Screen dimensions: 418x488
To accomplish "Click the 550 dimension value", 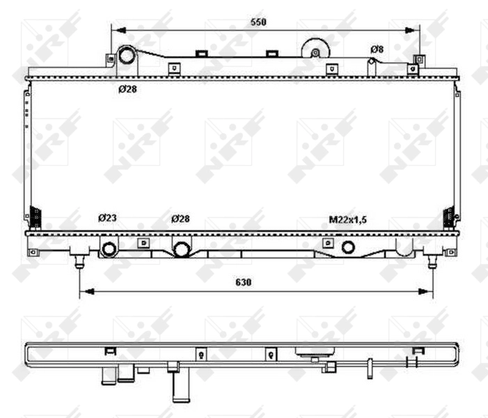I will (x=258, y=22).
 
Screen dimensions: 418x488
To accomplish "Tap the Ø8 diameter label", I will (x=377, y=49).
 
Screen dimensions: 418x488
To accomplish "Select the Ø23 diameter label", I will (x=107, y=218).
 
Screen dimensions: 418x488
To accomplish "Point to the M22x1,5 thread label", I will (x=347, y=219).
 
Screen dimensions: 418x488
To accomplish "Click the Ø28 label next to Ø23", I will (x=180, y=218).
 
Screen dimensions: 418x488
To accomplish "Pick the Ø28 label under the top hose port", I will (x=127, y=88).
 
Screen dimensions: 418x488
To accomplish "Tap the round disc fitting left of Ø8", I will (x=315, y=51).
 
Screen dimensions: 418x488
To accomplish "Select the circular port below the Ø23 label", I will (x=109, y=249).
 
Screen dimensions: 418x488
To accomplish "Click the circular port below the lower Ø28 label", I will (x=182, y=249).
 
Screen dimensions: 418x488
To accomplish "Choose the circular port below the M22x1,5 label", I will (x=348, y=247).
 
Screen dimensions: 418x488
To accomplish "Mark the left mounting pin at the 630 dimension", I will (x=80, y=261).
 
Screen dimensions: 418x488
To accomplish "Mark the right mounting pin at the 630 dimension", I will (x=432, y=261).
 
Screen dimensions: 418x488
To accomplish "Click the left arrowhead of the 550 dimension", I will (x=116, y=30).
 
